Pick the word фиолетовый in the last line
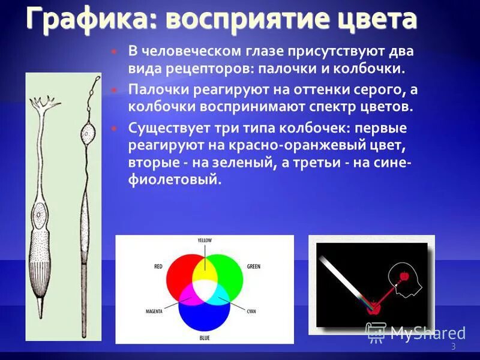pyautogui.click(x=174, y=179)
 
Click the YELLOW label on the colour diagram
pyautogui.click(x=205, y=241)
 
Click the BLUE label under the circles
pyautogui.click(x=205, y=338)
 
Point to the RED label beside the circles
pyautogui.click(x=158, y=266)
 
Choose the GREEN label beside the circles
pyautogui.click(x=253, y=266)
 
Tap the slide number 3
pyautogui.click(x=453, y=347)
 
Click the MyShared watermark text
pyautogui.click(x=428, y=333)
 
